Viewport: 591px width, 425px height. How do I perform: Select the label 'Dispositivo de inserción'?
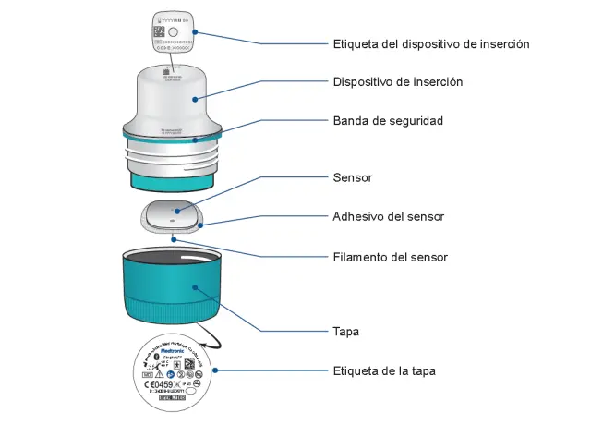[x=397, y=82]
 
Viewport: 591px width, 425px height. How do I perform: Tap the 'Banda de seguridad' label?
[x=388, y=121]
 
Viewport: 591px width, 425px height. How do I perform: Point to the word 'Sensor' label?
[x=352, y=176]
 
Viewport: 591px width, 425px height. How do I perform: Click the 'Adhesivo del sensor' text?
[x=388, y=217]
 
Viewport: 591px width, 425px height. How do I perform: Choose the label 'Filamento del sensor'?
[x=390, y=257]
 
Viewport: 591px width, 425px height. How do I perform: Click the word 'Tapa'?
[x=345, y=331]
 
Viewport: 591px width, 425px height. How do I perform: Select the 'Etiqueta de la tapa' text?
[x=384, y=371]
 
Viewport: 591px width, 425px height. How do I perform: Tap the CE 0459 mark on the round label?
[x=161, y=382]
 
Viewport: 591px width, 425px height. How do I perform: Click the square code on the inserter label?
[x=158, y=31]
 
